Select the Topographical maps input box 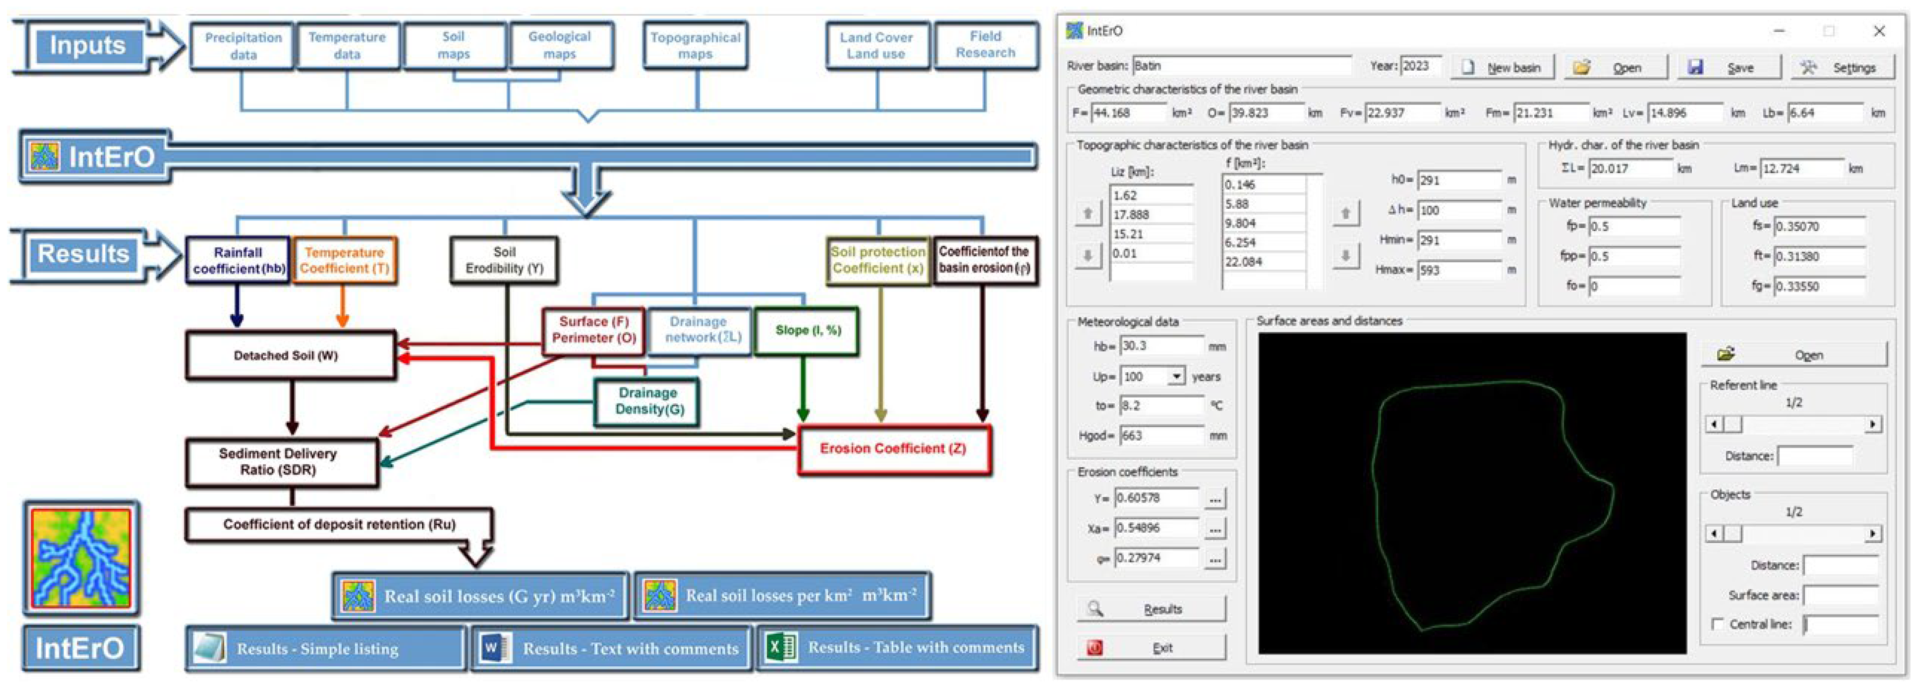click(x=695, y=45)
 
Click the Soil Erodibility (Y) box click(x=504, y=260)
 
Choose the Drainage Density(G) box click(x=648, y=401)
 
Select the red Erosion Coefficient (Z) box click(x=893, y=448)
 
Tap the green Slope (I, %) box click(x=807, y=330)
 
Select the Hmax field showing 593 click(x=1458, y=270)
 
